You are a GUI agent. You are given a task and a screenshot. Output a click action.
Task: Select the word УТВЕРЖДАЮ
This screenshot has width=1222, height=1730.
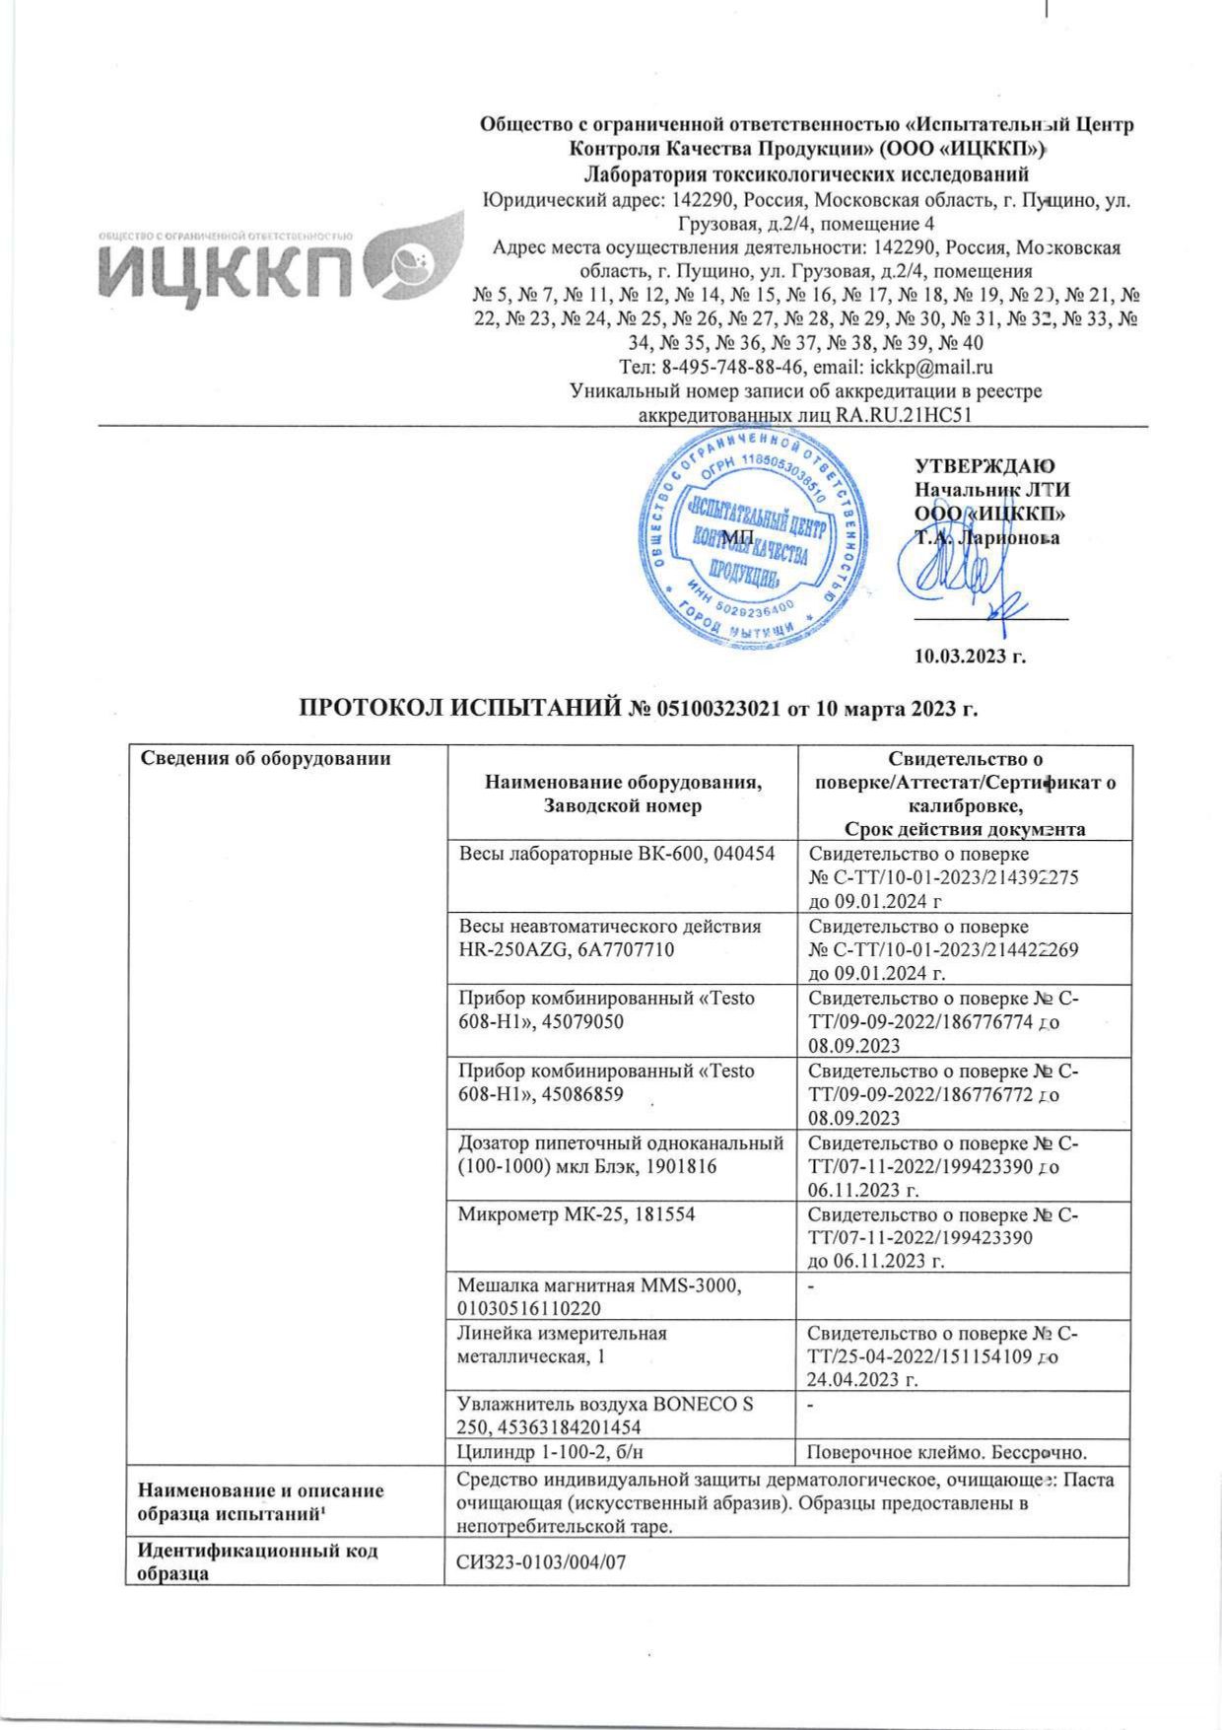984,466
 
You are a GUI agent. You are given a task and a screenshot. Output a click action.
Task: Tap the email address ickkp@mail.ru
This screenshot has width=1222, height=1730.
931,368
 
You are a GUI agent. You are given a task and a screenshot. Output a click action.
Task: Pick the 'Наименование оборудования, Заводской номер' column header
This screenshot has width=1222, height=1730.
622,794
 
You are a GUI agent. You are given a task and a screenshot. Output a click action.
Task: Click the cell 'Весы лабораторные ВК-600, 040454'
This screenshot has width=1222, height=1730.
617,854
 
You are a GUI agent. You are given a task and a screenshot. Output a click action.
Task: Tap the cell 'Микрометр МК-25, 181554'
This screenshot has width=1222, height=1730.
577,1214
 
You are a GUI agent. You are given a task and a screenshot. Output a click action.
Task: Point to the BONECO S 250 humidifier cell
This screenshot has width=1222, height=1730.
605,1415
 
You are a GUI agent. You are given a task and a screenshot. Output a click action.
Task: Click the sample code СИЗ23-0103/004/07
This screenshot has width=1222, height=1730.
542,1561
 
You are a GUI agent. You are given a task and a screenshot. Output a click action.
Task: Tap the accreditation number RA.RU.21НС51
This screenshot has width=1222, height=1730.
903,415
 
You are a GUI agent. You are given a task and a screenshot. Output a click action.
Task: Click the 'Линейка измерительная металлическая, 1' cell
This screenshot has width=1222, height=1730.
563,1345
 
